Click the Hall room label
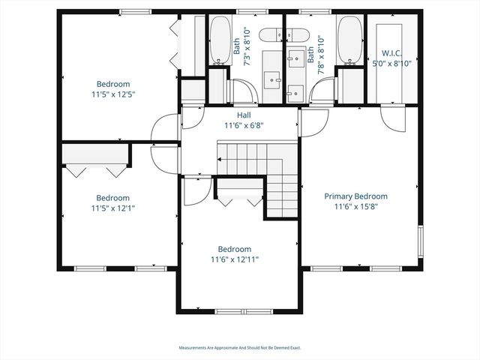(x=244, y=115)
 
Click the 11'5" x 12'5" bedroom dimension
(x=113, y=94)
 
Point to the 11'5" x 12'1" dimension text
(x=113, y=208)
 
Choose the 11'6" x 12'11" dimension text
(x=235, y=259)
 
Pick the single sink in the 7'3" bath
(x=272, y=78)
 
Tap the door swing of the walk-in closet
(x=392, y=118)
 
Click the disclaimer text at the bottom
(x=239, y=348)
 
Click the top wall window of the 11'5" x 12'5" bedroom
(x=133, y=10)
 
